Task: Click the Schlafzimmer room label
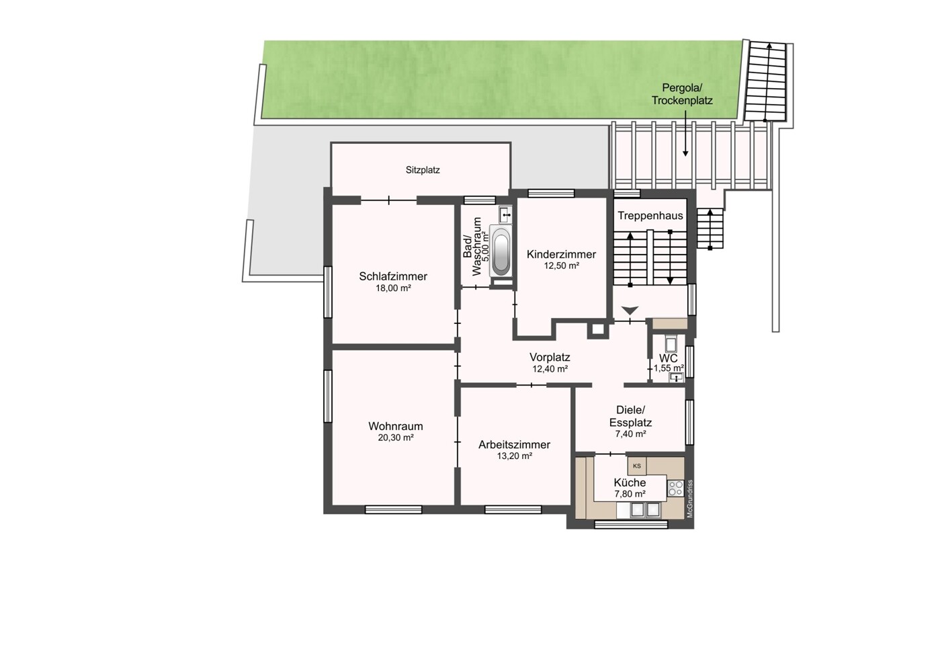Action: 393,276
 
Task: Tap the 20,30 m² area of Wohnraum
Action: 396,438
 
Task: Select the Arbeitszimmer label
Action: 515,444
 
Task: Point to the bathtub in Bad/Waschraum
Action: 501,251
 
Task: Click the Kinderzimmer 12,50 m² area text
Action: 562,265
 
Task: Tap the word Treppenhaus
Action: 650,216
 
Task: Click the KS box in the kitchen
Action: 637,466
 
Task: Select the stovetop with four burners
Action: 676,488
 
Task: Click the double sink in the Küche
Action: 646,509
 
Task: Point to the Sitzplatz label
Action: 423,170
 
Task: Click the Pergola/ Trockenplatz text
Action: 682,95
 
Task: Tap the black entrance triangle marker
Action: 630,310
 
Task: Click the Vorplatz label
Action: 550,357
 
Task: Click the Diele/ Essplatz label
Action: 630,416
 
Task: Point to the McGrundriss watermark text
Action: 689,499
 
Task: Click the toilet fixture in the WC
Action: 671,343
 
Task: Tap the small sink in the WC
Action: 676,378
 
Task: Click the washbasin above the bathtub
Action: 505,214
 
